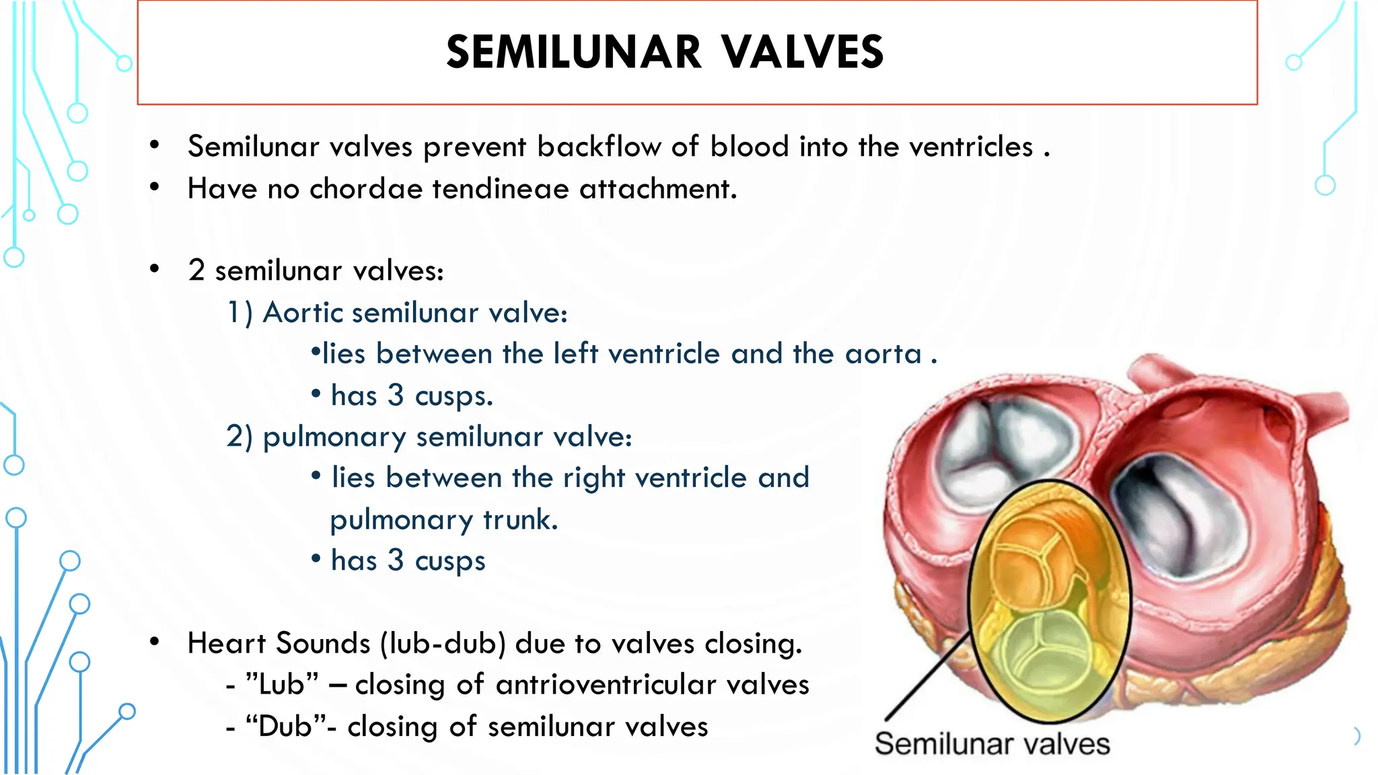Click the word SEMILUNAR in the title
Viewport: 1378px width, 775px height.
(574, 52)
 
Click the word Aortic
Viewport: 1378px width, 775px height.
(303, 313)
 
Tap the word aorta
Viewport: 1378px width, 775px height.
(883, 355)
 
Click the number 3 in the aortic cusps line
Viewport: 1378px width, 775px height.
(396, 396)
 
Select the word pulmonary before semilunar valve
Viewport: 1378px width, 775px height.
(334, 438)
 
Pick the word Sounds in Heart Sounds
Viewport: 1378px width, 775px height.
(323, 644)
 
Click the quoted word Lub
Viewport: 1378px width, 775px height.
(282, 685)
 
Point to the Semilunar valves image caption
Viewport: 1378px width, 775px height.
(992, 744)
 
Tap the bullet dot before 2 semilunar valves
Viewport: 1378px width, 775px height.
(155, 270)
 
